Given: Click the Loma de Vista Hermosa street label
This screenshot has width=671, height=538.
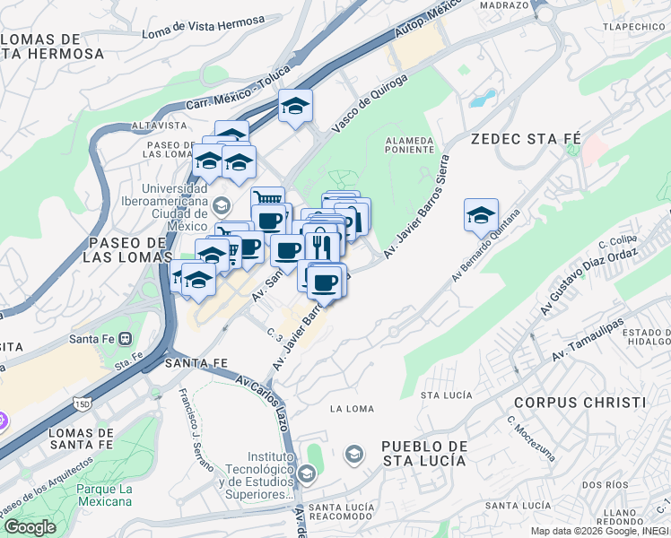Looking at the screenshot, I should point(204,27).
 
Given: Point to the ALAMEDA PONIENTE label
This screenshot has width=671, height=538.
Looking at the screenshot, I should point(409,145).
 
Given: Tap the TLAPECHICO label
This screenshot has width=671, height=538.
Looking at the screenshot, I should point(632,27).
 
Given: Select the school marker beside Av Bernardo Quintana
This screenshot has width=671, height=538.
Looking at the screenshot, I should point(481,215).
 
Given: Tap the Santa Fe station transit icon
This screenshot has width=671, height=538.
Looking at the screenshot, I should point(125,340).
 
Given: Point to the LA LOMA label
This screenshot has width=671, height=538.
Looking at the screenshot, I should point(352,409).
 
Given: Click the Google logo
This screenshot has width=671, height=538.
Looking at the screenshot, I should point(29,527).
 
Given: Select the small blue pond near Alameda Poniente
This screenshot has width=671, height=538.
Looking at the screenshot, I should point(482,98).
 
